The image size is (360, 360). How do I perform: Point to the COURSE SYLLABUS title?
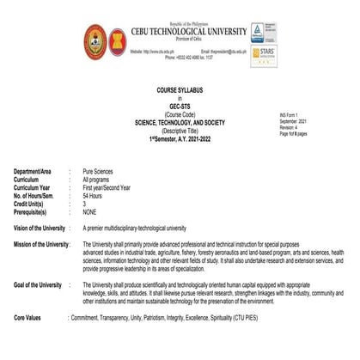pyautogui.click(x=180, y=91)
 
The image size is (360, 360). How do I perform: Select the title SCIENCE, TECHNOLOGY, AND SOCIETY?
pyautogui.click(x=180, y=123)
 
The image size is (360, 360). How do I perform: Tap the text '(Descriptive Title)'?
pyautogui.click(x=180, y=131)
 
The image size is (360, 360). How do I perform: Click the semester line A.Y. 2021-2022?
pyautogui.click(x=180, y=138)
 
